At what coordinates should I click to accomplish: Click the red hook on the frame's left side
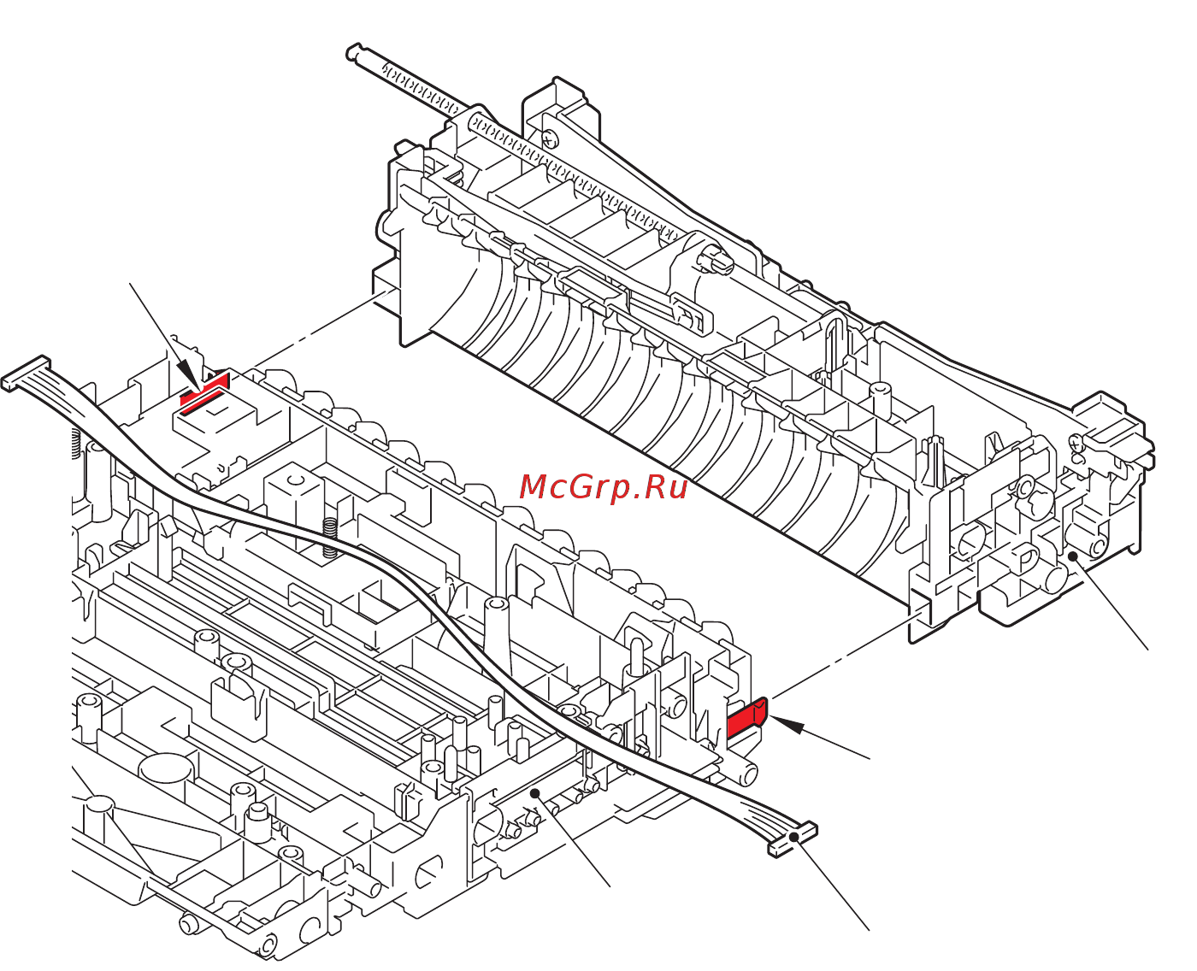pyautogui.click(x=205, y=391)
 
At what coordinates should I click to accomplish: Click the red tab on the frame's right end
pyautogui.click(x=747, y=718)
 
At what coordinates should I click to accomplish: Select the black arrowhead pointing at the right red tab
pyautogui.click(x=790, y=727)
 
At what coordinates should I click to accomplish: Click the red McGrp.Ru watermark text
pyautogui.click(x=604, y=487)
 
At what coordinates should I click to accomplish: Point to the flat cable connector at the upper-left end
pyautogui.click(x=26, y=374)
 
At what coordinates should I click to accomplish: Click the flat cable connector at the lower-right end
pyautogui.click(x=793, y=839)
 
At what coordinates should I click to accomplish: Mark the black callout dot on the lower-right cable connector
pyautogui.click(x=794, y=837)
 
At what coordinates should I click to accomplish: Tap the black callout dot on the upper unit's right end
pyautogui.click(x=1071, y=556)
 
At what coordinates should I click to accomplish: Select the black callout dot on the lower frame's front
pyautogui.click(x=535, y=793)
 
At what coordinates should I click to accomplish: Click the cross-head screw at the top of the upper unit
pyautogui.click(x=548, y=137)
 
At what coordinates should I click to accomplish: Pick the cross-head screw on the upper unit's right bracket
pyautogui.click(x=1075, y=442)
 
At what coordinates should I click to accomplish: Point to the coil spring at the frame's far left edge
pyautogui.click(x=75, y=442)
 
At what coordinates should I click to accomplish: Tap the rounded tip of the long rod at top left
pyautogui.click(x=352, y=53)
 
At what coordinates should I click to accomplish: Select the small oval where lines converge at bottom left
pyautogui.click(x=100, y=803)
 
